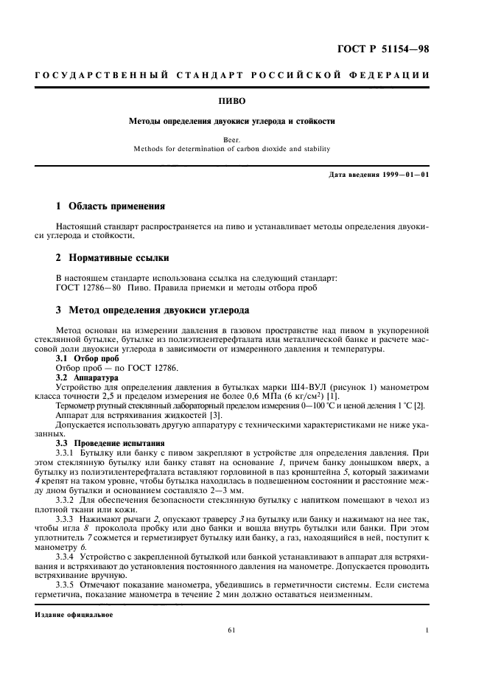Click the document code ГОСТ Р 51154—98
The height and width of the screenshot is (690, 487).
click(392, 49)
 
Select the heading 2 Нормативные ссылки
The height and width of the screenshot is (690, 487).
click(113, 258)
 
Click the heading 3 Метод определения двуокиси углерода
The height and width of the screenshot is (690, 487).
click(153, 310)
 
